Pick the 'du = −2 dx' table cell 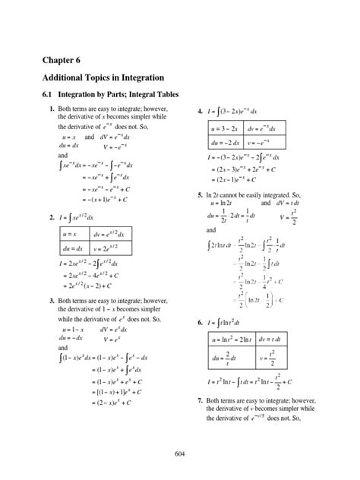point(224,142)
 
